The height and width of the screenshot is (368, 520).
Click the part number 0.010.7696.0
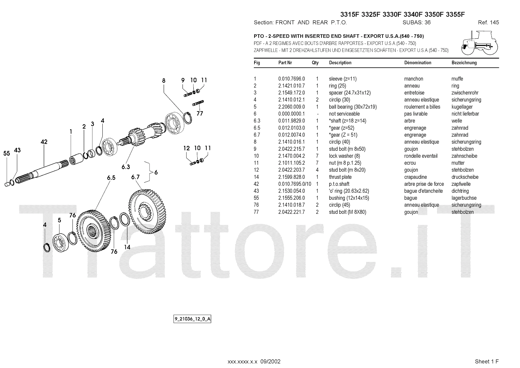point(292,79)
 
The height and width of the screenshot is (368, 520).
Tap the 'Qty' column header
point(315,63)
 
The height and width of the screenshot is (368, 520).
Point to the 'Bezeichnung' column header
point(464,63)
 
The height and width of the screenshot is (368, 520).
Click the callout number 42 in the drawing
point(44,142)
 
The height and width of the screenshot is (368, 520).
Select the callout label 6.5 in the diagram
point(111,178)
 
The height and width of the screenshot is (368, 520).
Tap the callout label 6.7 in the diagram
point(136,177)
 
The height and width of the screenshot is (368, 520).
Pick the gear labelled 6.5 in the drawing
point(94,228)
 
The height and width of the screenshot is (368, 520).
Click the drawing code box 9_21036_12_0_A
point(192,319)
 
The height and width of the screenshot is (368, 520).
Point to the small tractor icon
point(479,43)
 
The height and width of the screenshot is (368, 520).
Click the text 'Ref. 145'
point(488,22)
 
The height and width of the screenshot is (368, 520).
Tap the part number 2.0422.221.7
point(292,212)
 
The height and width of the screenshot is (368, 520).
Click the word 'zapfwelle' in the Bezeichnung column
point(461,184)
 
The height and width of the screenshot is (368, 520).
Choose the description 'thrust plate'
point(340,177)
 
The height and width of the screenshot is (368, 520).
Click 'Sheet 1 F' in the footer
point(487,361)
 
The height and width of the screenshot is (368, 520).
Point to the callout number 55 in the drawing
point(7,154)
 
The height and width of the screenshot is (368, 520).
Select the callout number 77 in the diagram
point(200,114)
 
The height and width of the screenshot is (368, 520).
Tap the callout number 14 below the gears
point(127,247)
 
